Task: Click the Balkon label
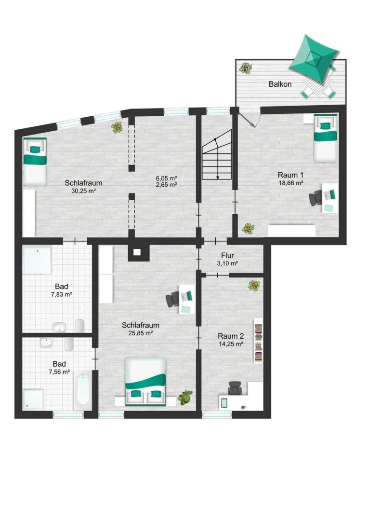[x=280, y=84]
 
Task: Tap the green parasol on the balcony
[x=314, y=59]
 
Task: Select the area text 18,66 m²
[x=291, y=183]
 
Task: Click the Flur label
[x=228, y=256]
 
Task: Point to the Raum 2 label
[x=231, y=336]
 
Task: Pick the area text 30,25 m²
[x=84, y=191]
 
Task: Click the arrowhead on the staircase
[x=218, y=178]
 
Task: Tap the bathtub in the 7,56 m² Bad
[x=82, y=391]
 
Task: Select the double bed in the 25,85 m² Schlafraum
[x=145, y=382]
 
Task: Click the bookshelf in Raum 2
[x=258, y=340]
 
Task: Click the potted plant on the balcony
[x=246, y=68]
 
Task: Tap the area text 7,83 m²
[x=62, y=294]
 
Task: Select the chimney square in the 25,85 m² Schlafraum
[x=137, y=252]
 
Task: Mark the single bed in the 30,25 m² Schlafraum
[x=35, y=162]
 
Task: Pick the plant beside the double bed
[x=185, y=397]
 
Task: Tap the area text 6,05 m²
[x=166, y=178]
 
